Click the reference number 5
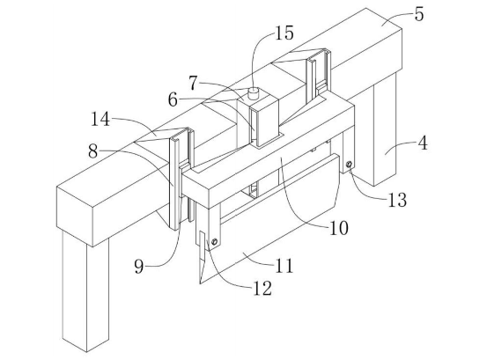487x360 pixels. click(419, 15)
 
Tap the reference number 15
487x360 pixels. click(284, 33)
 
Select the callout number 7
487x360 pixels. click(193, 83)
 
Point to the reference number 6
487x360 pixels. click(173, 100)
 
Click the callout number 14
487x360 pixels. click(100, 119)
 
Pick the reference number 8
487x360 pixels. click(92, 151)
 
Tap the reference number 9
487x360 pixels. click(139, 267)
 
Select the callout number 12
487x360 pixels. click(262, 289)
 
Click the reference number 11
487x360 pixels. click(284, 266)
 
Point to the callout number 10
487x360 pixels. click(339, 228)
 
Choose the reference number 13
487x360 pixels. click(397, 200)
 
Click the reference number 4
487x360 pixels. click(423, 143)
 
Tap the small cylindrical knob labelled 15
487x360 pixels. click(254, 92)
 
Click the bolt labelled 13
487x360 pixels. click(350, 165)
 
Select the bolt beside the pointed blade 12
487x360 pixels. click(214, 241)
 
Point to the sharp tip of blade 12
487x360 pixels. click(200, 283)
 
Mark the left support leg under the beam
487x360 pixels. click(85, 291)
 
